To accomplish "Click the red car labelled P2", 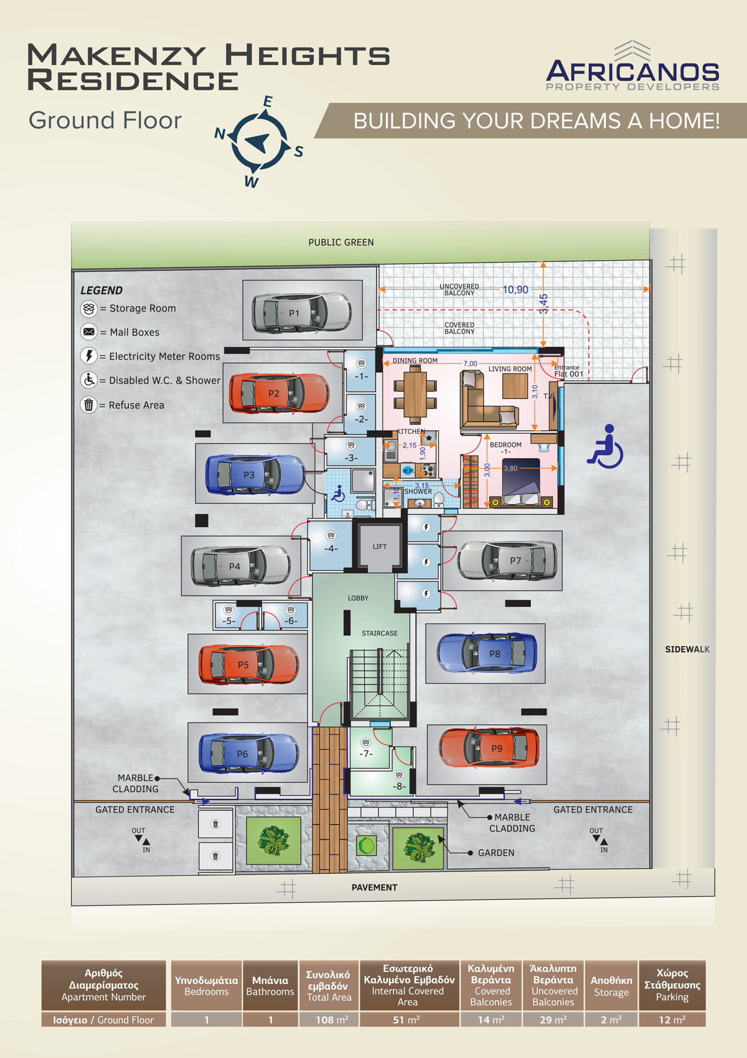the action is click(x=280, y=393).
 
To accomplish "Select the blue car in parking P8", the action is click(x=487, y=653).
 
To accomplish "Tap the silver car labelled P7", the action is click(x=507, y=561).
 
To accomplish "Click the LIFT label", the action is click(x=379, y=546).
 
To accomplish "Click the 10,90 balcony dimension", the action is click(x=515, y=289).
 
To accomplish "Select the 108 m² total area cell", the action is click(x=329, y=1019).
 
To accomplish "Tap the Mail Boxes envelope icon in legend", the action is click(x=88, y=332).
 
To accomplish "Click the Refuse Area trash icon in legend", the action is click(x=88, y=405).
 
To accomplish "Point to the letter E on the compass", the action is click(x=268, y=101).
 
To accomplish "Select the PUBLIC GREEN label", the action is click(x=341, y=242).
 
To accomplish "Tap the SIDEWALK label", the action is click(x=687, y=650).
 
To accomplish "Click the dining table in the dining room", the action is click(x=415, y=395).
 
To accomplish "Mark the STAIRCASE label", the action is click(x=379, y=633).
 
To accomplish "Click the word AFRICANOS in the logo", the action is click(x=632, y=72).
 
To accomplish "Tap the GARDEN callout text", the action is click(x=496, y=853).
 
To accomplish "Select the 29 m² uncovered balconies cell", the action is click(x=553, y=1019).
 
